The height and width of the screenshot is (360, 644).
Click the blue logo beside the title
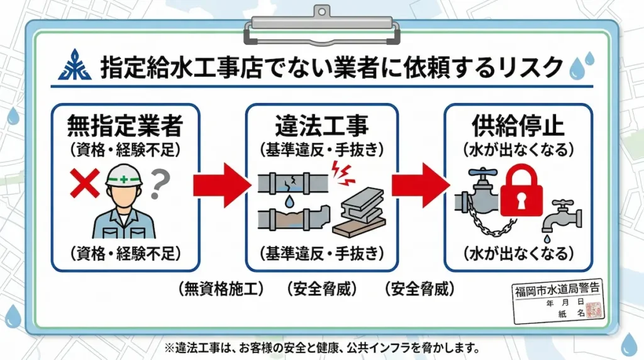coord(75,65)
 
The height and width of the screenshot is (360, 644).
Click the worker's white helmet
coord(125,174)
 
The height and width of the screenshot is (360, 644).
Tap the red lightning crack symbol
coord(343,171)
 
